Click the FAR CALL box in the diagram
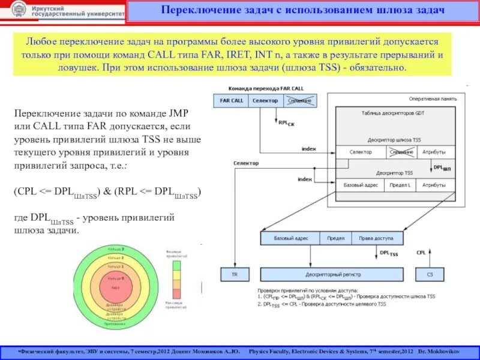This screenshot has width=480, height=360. tap(231, 101)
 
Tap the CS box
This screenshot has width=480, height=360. tap(429, 274)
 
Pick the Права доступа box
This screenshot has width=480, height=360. tap(375, 238)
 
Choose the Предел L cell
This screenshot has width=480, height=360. tap(399, 185)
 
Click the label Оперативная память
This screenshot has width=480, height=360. tap(433, 98)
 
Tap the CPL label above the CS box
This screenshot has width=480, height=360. tap(421, 253)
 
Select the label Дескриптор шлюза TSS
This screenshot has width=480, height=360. tap(391, 139)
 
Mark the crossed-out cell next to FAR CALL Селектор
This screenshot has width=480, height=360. tap(299, 101)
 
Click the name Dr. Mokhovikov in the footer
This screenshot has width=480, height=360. tap(440, 349)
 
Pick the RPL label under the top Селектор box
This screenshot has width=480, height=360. tap(286, 122)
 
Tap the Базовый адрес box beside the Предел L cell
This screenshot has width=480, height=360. tap(360, 185)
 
